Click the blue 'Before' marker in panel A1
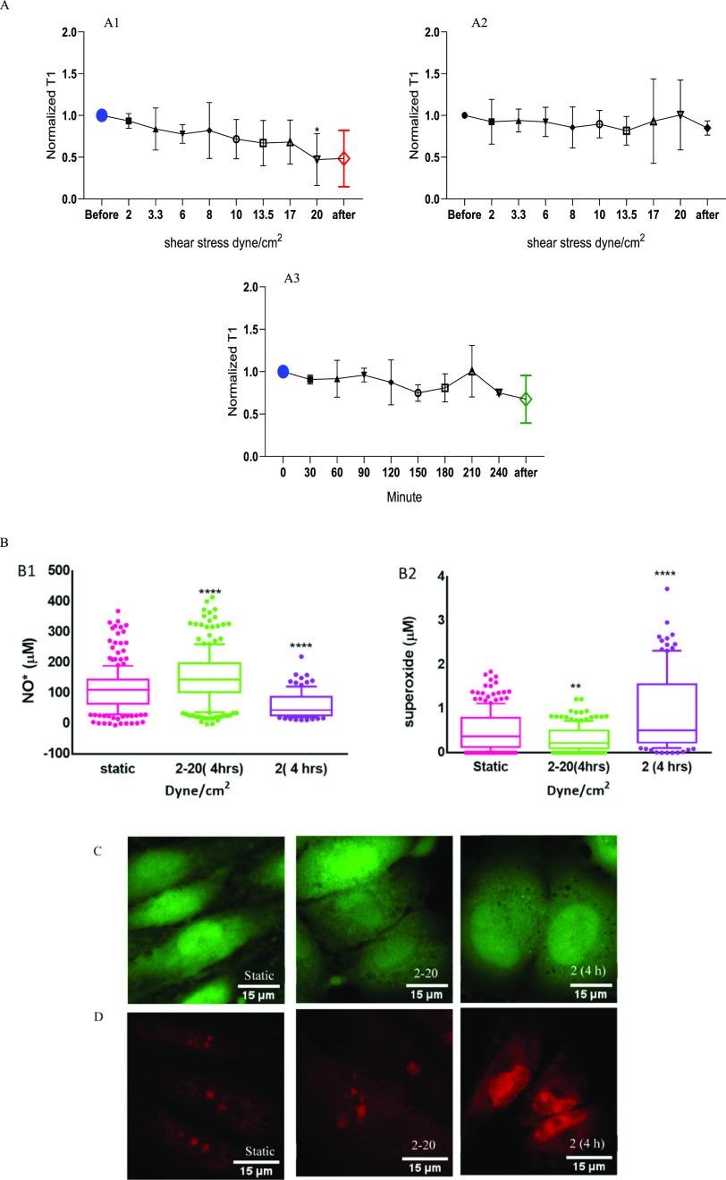[102, 115]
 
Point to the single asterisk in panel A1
[317, 131]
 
